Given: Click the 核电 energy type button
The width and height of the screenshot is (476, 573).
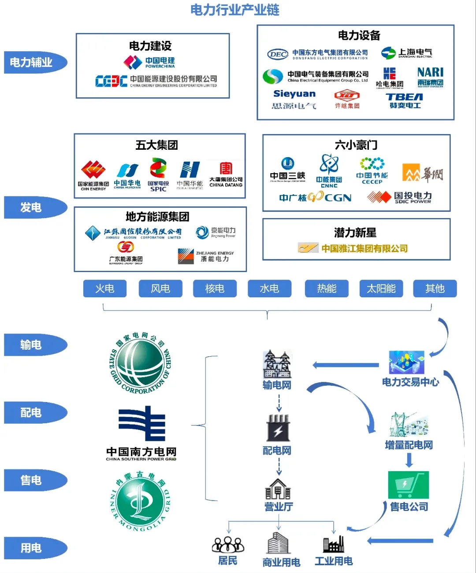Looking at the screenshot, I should click(215, 288).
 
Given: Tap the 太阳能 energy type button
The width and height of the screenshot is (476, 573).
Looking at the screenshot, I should click(381, 288).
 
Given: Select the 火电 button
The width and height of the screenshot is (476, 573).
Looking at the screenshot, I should click(105, 288).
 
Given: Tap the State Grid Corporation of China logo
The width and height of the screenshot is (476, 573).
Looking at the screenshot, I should click(140, 363).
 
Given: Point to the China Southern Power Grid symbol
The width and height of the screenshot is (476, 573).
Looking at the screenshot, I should click(141, 423).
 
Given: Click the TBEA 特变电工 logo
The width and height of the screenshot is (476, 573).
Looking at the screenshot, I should click(405, 100).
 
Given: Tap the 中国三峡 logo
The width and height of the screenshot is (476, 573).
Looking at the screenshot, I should click(287, 170).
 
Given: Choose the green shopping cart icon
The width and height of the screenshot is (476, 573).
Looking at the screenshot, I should click(408, 485).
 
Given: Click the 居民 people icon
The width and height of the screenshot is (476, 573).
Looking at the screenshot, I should click(228, 544).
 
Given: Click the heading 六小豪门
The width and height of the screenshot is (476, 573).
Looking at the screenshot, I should click(356, 145).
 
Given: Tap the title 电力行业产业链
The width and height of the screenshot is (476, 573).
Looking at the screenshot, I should click(235, 10).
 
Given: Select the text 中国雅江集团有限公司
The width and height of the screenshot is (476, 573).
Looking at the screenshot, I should click(364, 248).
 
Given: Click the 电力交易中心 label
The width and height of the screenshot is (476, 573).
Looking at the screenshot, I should click(410, 382).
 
